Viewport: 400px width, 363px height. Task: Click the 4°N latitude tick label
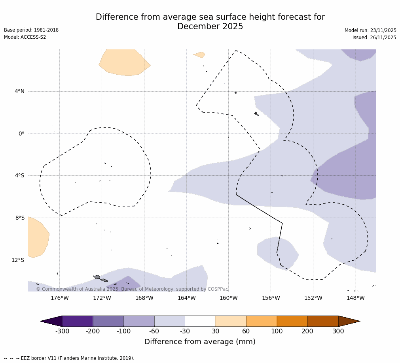click(x=19, y=92)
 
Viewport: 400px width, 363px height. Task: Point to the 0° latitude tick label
click(x=21, y=134)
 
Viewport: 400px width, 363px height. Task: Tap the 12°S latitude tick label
click(x=18, y=260)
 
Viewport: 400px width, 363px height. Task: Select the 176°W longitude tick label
click(x=60, y=298)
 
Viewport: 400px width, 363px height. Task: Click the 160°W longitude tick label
click(x=229, y=298)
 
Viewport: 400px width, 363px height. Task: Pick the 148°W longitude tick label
click(x=355, y=298)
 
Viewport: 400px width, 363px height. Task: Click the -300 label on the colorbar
click(x=62, y=331)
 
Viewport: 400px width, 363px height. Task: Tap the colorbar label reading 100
click(x=277, y=331)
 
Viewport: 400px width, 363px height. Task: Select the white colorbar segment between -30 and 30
click(x=200, y=321)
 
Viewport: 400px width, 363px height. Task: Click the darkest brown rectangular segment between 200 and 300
click(x=323, y=321)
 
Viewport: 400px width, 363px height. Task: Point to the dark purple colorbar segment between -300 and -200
click(x=78, y=321)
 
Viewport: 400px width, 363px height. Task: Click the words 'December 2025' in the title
click(x=210, y=27)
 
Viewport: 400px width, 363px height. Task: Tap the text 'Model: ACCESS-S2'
click(x=25, y=37)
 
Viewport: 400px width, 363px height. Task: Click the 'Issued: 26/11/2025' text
click(x=374, y=38)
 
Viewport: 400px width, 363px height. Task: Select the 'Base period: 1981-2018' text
click(x=31, y=30)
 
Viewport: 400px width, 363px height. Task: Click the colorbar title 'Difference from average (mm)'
click(x=200, y=342)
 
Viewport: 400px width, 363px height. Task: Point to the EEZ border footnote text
click(x=69, y=358)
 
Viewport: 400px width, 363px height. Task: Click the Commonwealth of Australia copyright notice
click(x=132, y=289)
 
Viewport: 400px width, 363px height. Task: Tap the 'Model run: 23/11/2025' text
click(x=370, y=30)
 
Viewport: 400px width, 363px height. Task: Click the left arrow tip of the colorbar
click(x=43, y=321)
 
